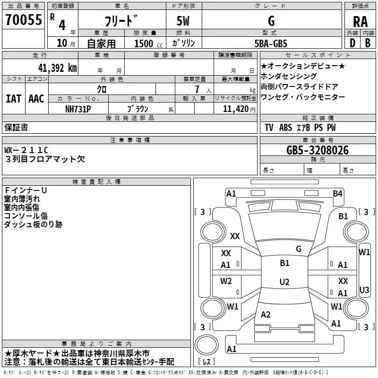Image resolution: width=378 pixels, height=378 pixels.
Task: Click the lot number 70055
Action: (24, 20)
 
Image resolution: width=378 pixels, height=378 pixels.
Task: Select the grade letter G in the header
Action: (271, 21)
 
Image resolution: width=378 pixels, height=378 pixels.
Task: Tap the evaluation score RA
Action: (361, 22)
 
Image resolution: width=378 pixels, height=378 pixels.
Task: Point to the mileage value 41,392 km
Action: (57, 68)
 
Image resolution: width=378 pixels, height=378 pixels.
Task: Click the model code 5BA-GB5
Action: (271, 43)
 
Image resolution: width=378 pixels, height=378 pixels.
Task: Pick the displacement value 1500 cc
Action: (148, 43)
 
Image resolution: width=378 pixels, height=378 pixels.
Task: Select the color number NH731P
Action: (78, 109)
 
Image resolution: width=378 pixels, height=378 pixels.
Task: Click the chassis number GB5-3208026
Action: (317, 150)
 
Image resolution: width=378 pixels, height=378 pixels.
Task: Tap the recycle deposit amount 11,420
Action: (236, 109)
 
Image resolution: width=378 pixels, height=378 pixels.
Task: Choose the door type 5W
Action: (183, 21)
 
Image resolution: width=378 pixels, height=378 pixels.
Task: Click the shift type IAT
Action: (13, 99)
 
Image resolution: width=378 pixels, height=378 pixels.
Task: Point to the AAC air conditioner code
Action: (36, 99)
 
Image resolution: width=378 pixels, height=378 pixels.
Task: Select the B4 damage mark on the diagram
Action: (337, 194)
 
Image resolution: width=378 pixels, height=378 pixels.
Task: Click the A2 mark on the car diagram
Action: (266, 315)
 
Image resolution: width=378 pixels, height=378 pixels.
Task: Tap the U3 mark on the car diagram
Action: (364, 290)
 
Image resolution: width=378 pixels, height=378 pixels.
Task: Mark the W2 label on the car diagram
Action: (226, 281)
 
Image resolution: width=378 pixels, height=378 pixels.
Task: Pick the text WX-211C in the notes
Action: (26, 150)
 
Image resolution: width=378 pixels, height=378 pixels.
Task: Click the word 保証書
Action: (16, 128)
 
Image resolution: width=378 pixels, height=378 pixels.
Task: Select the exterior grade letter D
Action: (352, 43)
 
